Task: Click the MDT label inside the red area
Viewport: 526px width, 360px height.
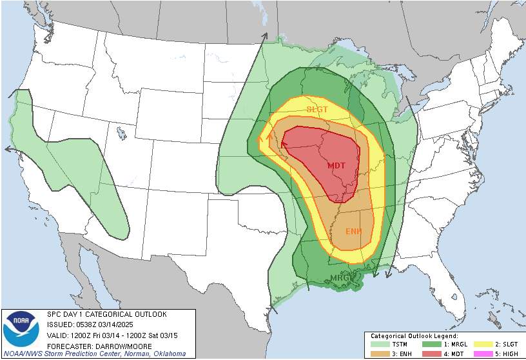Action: coord(336,165)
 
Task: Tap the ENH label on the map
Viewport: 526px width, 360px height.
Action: coord(353,231)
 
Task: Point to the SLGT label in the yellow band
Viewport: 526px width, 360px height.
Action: coord(317,109)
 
